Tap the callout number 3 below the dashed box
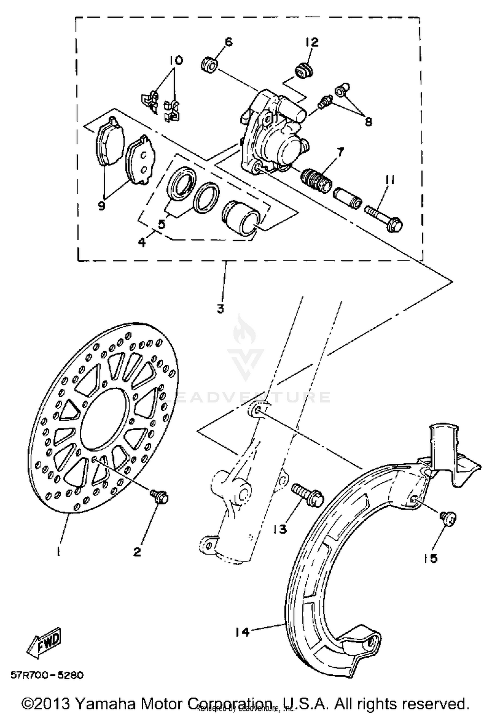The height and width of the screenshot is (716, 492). coord(220,309)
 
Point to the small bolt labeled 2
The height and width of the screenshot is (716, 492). coord(159,496)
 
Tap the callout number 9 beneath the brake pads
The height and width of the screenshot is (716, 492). coord(101,205)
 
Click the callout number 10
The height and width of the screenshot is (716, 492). coord(176,60)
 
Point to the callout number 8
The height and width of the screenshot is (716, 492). coord(368,122)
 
